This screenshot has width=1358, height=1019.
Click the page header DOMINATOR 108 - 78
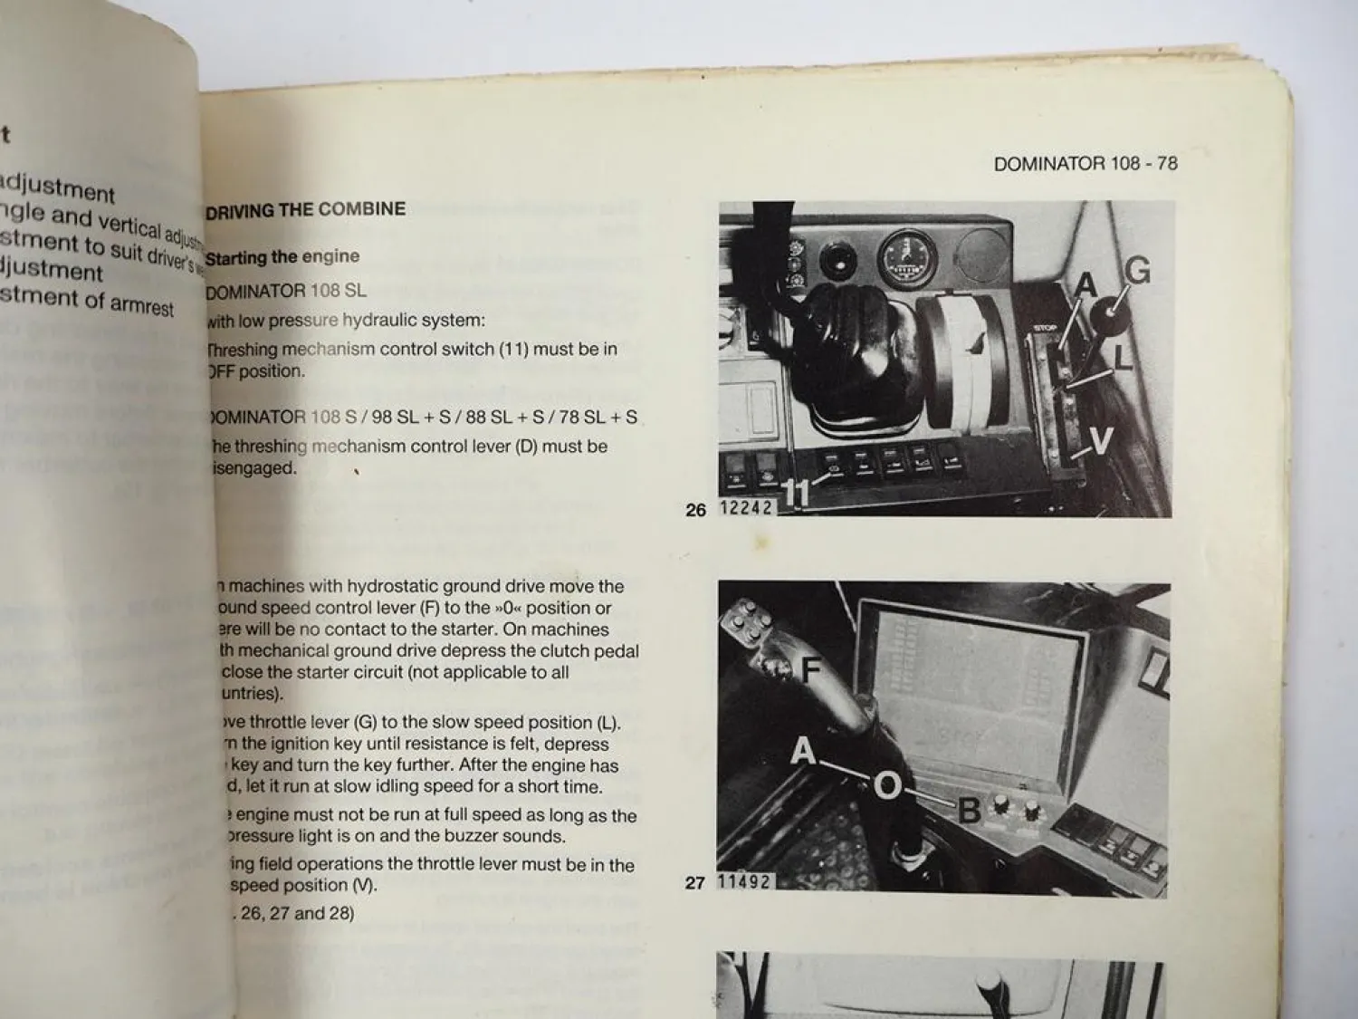1085,164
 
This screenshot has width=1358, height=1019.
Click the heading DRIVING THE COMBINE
305,210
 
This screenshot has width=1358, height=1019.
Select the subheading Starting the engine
282,257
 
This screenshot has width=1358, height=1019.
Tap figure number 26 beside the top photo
695,510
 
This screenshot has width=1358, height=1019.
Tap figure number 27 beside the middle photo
694,882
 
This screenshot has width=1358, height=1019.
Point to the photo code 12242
746,508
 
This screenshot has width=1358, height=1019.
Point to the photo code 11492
745,880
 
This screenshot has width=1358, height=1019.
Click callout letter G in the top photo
1136,271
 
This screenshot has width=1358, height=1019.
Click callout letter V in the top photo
1101,442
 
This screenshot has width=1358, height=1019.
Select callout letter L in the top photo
1123,358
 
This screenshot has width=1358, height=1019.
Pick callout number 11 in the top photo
795,493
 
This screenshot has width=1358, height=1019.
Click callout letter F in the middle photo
810,671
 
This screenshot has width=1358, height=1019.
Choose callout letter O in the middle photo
887,785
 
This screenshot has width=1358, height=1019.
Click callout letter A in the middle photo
803,751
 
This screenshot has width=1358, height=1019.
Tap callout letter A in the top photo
1085,286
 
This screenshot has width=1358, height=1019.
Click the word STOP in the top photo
1046,330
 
